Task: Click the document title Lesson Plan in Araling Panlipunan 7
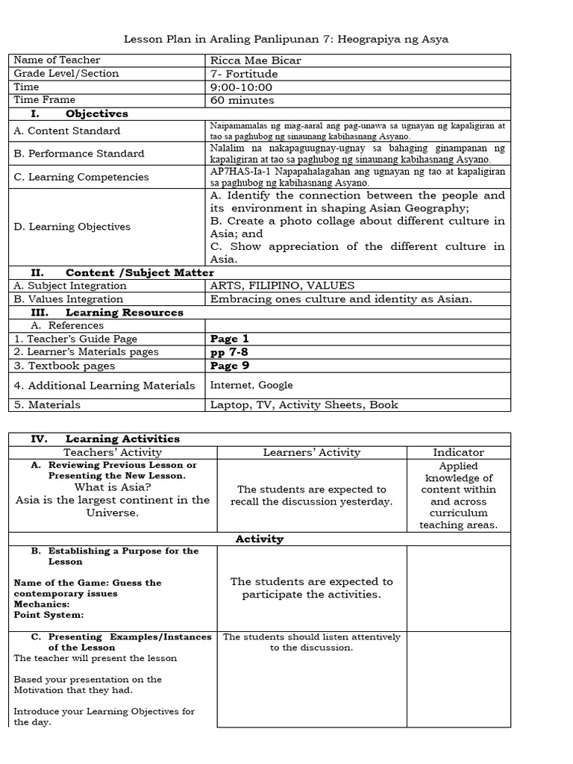pyautogui.click(x=286, y=39)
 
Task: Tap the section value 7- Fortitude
pyautogui.click(x=244, y=74)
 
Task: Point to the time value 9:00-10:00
pyautogui.click(x=241, y=87)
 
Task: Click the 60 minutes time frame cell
pyautogui.click(x=242, y=101)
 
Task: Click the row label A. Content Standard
pyautogui.click(x=67, y=131)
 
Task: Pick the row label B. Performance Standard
pyautogui.click(x=79, y=154)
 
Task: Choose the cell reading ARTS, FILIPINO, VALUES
pyautogui.click(x=282, y=286)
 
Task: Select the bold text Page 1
pyautogui.click(x=229, y=339)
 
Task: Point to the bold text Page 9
pyautogui.click(x=229, y=366)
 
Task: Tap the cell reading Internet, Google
pyautogui.click(x=251, y=386)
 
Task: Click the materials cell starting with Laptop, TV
pyautogui.click(x=304, y=405)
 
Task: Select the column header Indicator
pyautogui.click(x=458, y=452)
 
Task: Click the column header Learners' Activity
pyautogui.click(x=311, y=452)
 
